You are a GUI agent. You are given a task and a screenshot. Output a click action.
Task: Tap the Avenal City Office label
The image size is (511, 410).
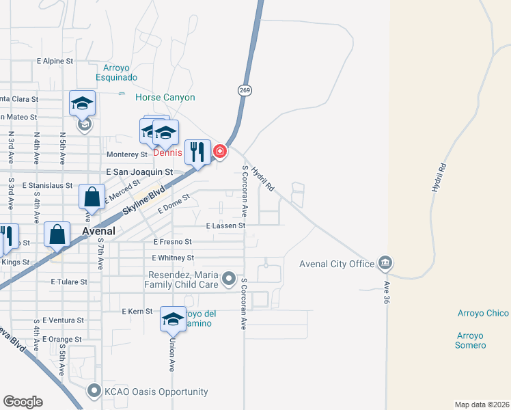(337, 264)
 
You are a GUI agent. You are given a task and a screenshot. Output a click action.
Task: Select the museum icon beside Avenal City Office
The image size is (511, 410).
(385, 263)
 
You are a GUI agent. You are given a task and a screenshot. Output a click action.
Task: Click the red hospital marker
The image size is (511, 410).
(219, 151)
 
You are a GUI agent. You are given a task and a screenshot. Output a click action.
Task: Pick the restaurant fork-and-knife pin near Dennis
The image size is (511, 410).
(197, 152)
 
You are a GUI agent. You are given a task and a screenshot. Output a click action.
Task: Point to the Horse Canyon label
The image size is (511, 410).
(165, 98)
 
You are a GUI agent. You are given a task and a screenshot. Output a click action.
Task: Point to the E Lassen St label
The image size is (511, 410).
(225, 225)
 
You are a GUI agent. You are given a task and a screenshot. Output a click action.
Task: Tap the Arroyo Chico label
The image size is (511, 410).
(483, 313)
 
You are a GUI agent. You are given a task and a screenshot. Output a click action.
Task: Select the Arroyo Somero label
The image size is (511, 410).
(470, 340)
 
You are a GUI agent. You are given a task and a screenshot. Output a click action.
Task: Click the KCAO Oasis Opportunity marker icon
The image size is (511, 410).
(94, 392)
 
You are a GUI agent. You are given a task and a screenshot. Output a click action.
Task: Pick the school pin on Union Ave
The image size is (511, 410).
(173, 318)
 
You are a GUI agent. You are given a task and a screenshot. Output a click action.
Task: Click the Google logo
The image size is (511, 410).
(23, 402)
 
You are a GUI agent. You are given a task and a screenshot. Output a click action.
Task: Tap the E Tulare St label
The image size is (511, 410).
(69, 282)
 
